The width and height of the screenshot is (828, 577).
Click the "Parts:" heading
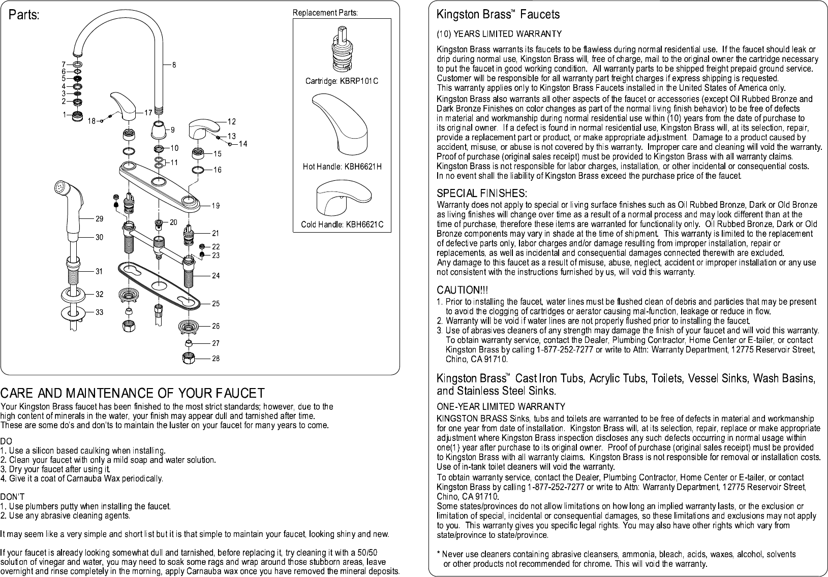23,15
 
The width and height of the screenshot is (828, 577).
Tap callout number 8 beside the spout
174,65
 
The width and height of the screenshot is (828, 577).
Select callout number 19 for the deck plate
216,206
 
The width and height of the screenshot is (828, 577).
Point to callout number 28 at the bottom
216,359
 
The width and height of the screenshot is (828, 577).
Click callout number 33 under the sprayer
100,312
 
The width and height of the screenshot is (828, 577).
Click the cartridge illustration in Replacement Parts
342,51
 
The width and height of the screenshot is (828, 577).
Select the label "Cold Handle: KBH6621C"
342,224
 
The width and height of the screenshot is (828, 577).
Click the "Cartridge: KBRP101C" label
342,81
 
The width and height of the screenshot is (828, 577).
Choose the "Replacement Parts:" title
325,13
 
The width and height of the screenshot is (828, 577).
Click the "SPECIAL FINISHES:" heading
481,194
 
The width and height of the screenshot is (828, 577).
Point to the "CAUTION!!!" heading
462,290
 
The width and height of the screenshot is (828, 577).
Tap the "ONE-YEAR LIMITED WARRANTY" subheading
501,406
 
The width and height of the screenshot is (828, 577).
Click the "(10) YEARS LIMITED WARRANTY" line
499,34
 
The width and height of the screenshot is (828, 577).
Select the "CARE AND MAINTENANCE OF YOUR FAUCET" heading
132,393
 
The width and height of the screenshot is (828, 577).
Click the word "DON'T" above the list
10,496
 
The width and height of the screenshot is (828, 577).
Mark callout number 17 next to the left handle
148,112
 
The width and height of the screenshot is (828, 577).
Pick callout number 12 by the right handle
231,121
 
